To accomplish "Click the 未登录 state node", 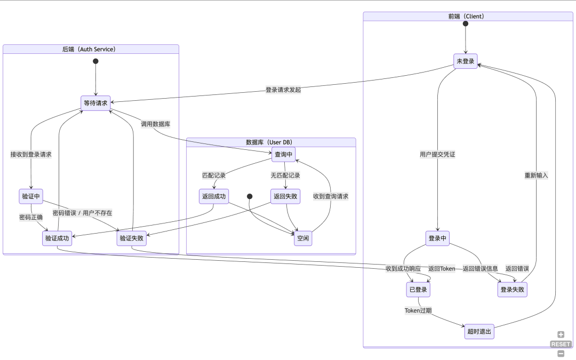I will (465, 61).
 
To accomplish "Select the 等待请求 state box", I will (95, 103).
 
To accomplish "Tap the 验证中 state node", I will (31, 196).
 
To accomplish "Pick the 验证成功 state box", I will (57, 238).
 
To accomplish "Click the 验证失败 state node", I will (131, 238).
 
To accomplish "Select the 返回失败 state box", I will (286, 196).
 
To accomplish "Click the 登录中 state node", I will (437, 238).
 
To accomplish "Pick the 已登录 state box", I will (418, 290).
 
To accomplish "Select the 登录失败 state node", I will (512, 290).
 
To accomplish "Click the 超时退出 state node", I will (479, 332).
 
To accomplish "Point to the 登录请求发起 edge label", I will (283, 90).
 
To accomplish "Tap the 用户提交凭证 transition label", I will (437, 155).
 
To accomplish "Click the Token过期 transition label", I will (418, 310).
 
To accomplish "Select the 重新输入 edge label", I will (536, 175).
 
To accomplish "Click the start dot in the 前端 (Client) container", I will (465, 24).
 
